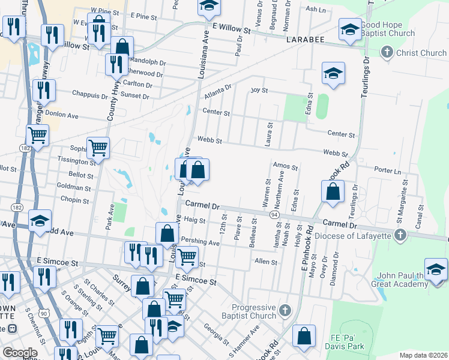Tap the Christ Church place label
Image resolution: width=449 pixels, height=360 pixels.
click(421, 53)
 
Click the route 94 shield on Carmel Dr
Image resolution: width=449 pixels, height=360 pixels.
click(274, 214)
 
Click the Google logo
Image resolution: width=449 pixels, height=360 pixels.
click(20, 353)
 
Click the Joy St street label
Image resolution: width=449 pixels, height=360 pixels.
click(259, 91)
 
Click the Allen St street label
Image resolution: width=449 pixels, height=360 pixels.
click(266, 262)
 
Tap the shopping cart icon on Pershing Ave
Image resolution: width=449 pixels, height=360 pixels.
click(188, 256)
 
